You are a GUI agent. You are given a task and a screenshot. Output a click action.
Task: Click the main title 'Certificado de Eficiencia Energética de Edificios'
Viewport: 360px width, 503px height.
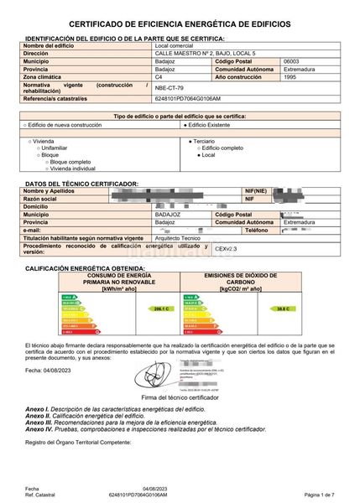(180, 26)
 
